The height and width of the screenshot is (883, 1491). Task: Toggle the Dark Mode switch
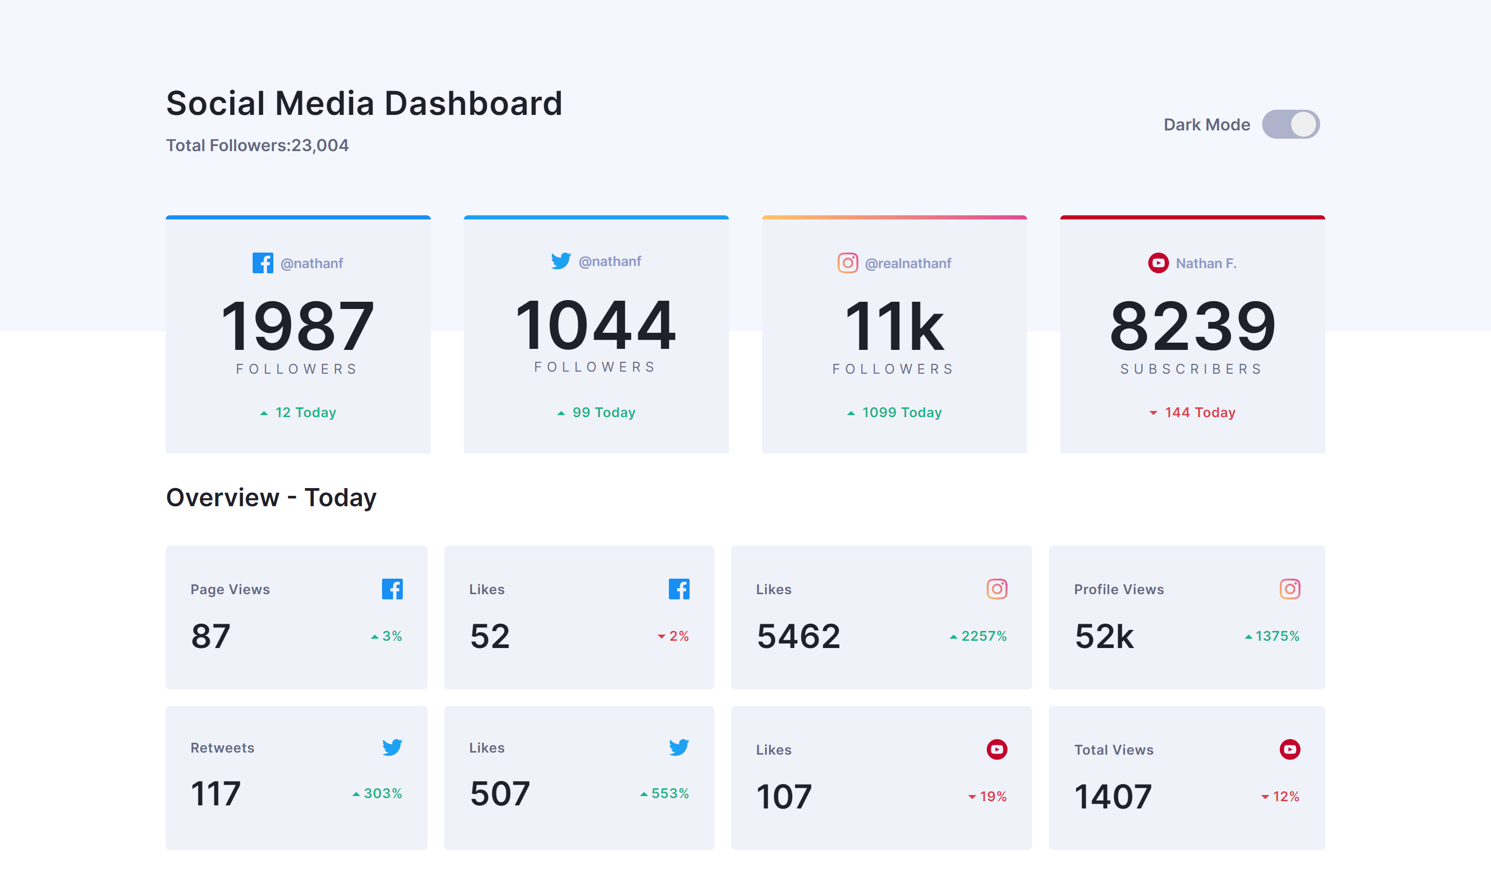(x=1290, y=124)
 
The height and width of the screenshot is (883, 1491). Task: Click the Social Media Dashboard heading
(x=363, y=103)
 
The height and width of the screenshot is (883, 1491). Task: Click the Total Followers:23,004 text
(x=257, y=145)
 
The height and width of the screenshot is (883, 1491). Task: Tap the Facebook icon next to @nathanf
(x=262, y=263)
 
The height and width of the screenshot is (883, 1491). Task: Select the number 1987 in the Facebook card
(x=298, y=326)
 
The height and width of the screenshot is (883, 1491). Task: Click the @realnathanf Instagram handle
(x=908, y=263)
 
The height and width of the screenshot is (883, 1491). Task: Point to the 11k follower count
(x=894, y=326)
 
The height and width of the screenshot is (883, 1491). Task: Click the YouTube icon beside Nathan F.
(x=1158, y=263)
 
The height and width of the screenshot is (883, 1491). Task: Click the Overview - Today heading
(x=271, y=497)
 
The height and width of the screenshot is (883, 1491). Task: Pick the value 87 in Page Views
(x=211, y=636)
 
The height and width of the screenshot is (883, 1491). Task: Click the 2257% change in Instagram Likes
(x=983, y=636)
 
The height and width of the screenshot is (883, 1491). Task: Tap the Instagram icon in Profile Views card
(x=1289, y=589)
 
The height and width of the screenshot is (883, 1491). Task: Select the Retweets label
(x=222, y=748)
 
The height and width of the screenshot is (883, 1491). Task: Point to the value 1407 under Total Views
(x=1113, y=797)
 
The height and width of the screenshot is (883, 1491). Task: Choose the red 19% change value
(x=992, y=797)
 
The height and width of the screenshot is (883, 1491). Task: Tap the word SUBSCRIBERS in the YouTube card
(x=1192, y=369)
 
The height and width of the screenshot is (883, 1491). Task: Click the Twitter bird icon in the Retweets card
(x=392, y=747)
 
